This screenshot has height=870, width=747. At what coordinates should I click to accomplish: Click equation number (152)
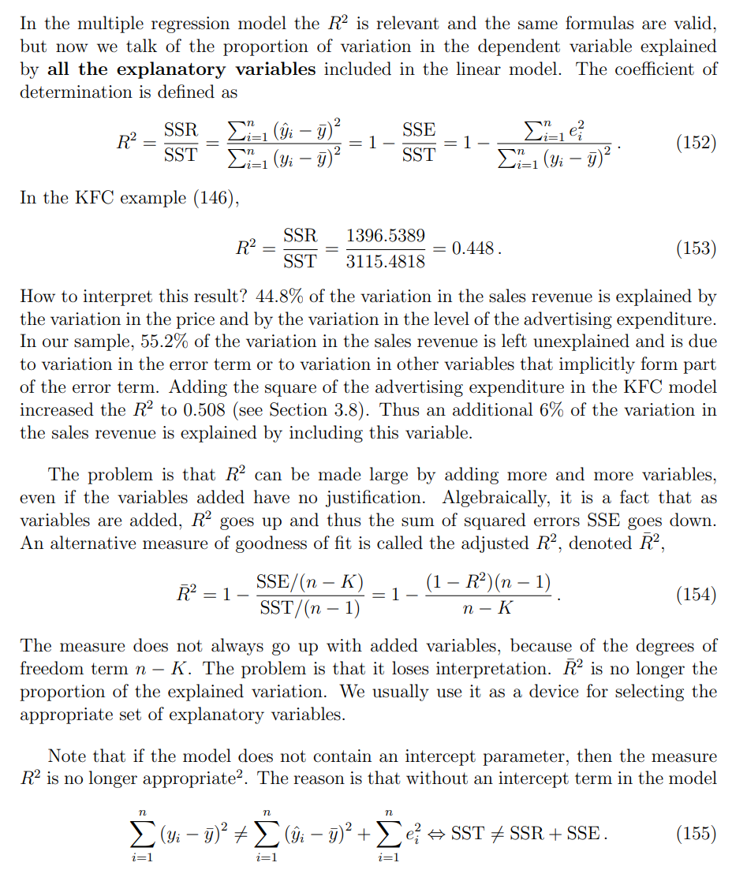tap(696, 144)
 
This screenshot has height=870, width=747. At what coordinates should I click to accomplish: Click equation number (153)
tap(696, 248)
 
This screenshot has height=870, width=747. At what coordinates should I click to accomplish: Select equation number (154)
tap(696, 595)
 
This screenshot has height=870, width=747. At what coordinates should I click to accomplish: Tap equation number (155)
tap(696, 833)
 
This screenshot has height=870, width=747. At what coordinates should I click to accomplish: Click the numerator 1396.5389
tap(385, 235)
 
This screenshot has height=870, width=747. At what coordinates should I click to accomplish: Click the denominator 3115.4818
tap(385, 261)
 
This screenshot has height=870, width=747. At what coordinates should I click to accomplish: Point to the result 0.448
tap(472, 248)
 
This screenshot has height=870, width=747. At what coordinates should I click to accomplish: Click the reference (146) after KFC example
tap(214, 197)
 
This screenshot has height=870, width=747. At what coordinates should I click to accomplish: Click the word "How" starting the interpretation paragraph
tap(36, 297)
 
